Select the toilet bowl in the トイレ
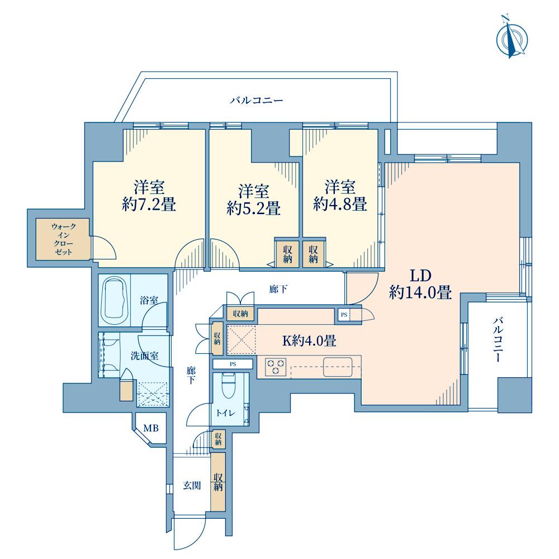(229, 386)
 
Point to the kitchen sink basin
(338, 367)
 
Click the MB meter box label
(151, 428)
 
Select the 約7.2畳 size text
(149, 205)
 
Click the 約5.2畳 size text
(253, 208)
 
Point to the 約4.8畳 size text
(340, 203)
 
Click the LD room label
(421, 275)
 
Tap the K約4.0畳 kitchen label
(309, 341)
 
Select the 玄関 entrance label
(192, 485)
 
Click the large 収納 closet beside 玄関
(218, 482)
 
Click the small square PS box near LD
(344, 315)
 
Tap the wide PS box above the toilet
(233, 364)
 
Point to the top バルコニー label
(257, 100)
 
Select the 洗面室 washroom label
(144, 356)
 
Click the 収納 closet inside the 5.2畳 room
(287, 253)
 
